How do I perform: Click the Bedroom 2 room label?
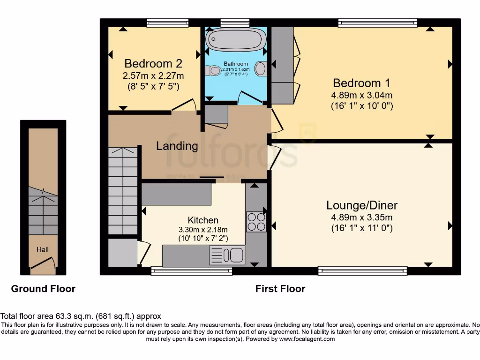[153, 63]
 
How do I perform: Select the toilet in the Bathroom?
[214, 71]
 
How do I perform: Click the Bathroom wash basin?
[261, 68]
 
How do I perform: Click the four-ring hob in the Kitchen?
[256, 222]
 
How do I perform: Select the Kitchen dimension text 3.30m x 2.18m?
[203, 230]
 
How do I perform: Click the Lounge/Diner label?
[362, 205]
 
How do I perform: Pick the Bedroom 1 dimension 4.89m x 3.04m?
[362, 95]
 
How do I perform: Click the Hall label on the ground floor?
[43, 250]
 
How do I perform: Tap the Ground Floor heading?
[43, 289]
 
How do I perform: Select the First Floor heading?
[280, 289]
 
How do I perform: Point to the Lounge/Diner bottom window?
[362, 270]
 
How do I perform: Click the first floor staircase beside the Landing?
[123, 187]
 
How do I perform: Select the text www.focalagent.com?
[307, 339]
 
